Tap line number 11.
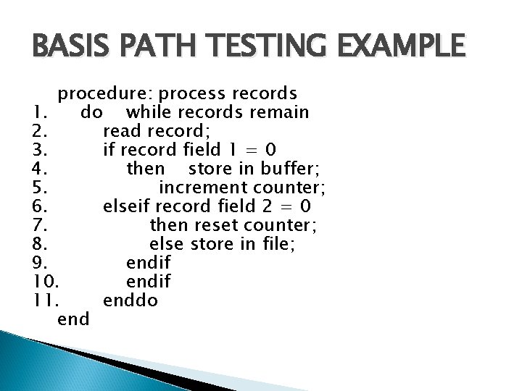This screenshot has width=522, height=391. pyautogui.click(x=46, y=298)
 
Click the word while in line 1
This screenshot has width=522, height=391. pyautogui.click(x=149, y=113)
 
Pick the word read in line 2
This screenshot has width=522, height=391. pyautogui.click(x=123, y=132)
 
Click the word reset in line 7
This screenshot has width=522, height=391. pyautogui.click(x=209, y=226)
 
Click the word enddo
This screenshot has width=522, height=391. pyautogui.click(x=130, y=298)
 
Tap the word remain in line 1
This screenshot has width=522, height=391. pyautogui.click(x=279, y=113)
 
